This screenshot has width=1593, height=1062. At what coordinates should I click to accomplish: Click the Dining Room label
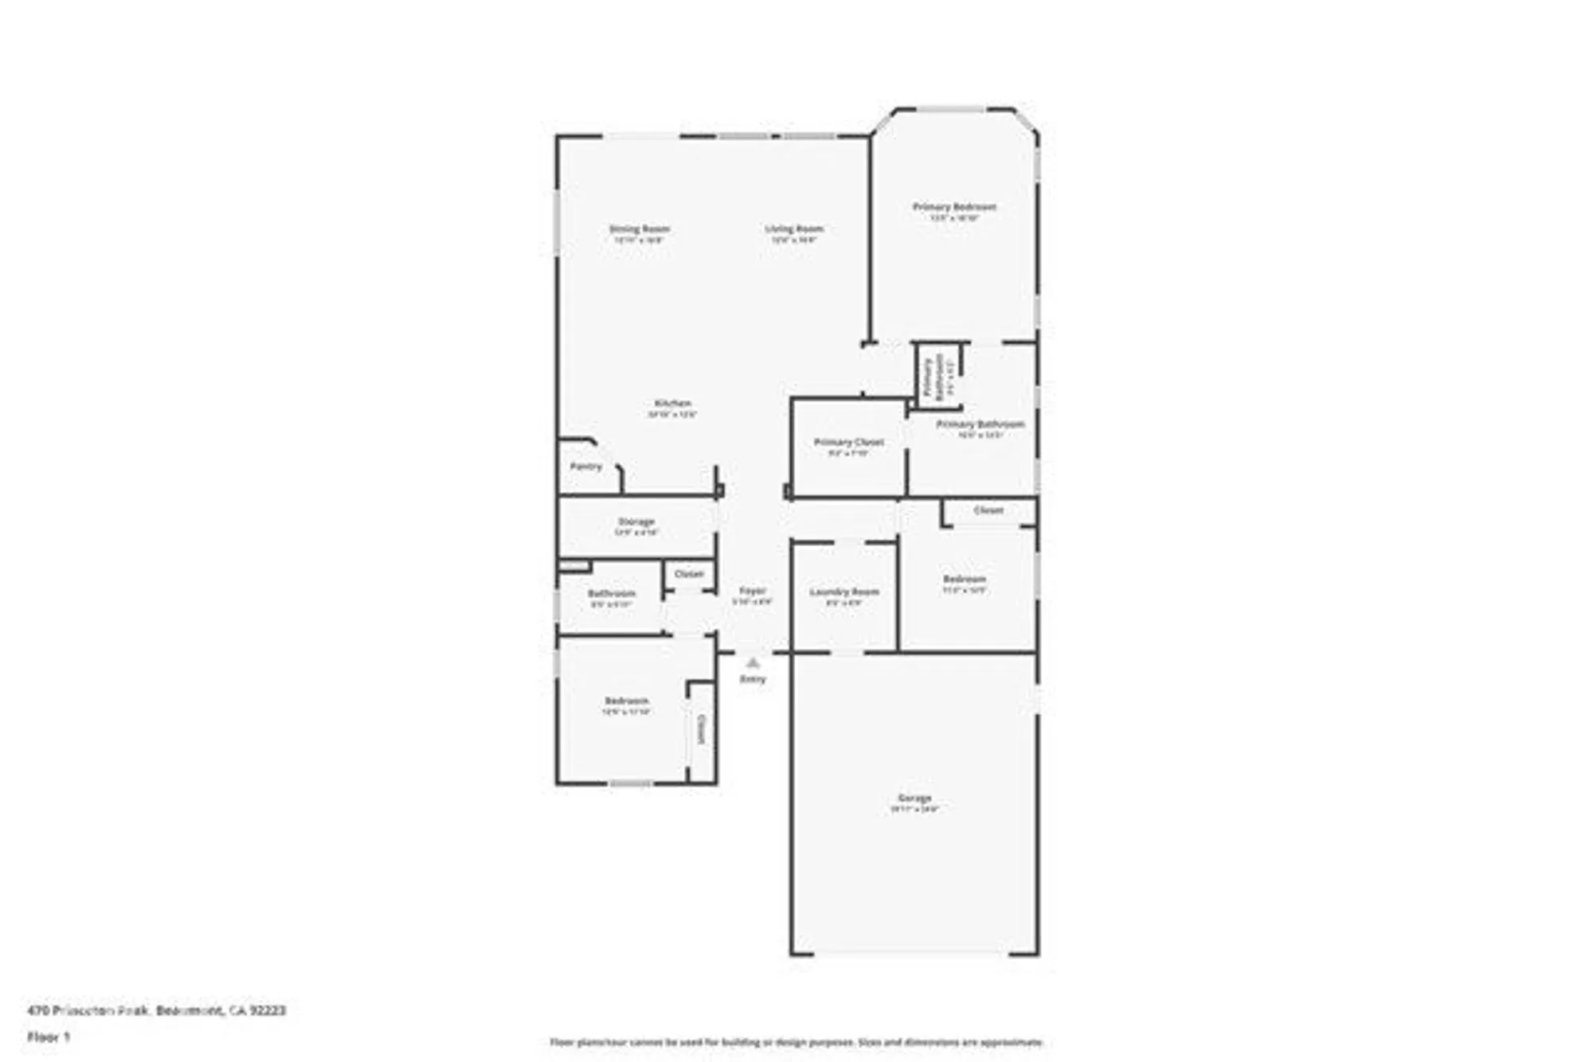[x=640, y=229]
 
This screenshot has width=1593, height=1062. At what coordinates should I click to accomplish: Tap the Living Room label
[x=794, y=229]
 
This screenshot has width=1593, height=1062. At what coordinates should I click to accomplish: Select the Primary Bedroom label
[x=954, y=207]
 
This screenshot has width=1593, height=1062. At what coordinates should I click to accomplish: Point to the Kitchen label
[x=673, y=404]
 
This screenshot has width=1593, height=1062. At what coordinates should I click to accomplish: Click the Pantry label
[x=586, y=467]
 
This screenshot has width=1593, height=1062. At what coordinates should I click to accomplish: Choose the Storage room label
[x=636, y=522]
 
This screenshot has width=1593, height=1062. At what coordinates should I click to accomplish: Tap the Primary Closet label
[x=849, y=442]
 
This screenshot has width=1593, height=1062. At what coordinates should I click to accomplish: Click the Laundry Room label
[x=844, y=592]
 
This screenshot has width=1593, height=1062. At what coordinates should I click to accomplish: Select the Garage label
[x=914, y=798]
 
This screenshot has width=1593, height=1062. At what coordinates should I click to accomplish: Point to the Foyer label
[x=753, y=591]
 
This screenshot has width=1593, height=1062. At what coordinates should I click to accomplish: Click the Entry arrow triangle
[x=753, y=662]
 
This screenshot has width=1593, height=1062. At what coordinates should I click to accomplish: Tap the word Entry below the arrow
[x=753, y=679]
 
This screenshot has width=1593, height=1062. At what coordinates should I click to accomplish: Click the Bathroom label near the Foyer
[x=612, y=594]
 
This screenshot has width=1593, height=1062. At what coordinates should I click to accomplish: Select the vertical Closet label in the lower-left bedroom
[x=702, y=728]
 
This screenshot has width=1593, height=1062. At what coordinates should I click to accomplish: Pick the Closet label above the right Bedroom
[x=988, y=510]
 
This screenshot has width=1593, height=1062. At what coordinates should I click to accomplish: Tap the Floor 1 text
[x=49, y=1037]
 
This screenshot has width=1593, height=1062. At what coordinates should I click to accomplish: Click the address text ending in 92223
[x=156, y=1010]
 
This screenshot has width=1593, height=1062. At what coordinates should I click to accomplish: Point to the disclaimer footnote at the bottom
[x=796, y=1042]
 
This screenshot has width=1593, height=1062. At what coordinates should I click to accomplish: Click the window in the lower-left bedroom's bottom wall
[x=631, y=784]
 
